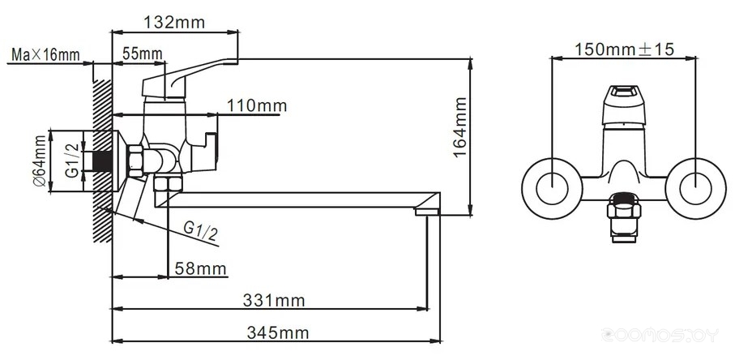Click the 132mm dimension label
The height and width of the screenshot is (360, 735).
[x=174, y=22]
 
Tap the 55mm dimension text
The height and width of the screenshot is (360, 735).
[x=142, y=54]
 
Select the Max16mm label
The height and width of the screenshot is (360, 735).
[x=45, y=54]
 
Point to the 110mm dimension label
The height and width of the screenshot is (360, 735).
[x=257, y=105]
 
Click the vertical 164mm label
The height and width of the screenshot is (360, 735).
[x=460, y=127]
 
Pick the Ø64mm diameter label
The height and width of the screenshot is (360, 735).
[x=40, y=161]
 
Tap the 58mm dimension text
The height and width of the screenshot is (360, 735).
[x=200, y=269]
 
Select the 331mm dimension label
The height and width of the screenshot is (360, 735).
[x=274, y=300]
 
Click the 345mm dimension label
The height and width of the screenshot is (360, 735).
[x=278, y=332]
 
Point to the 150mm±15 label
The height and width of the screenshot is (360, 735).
[x=624, y=49]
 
